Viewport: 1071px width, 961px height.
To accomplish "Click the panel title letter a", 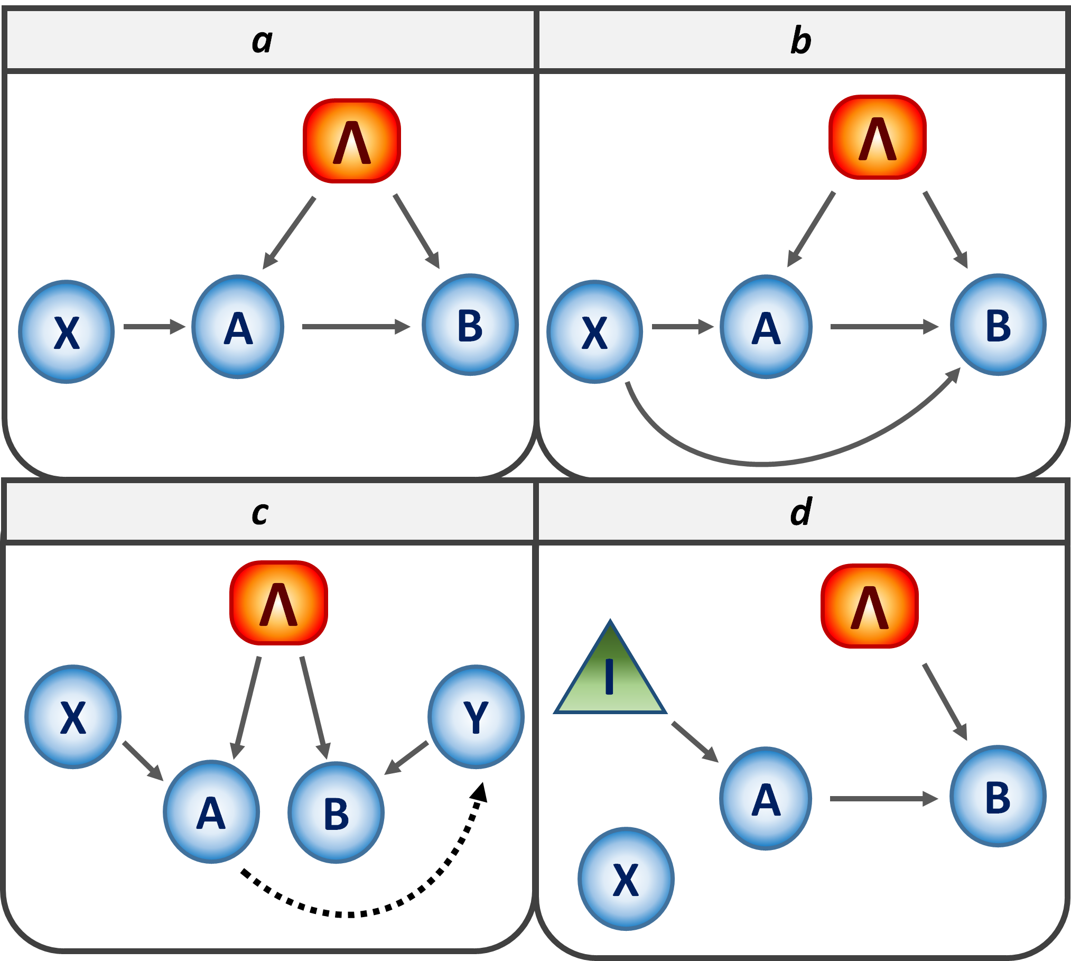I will coord(262,41).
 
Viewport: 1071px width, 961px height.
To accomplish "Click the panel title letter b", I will coord(800,41).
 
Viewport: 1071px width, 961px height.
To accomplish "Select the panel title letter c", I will coord(260,513).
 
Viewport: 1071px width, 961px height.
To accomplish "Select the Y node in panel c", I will coord(476,717).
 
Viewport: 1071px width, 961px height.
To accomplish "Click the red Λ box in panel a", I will coord(352,141).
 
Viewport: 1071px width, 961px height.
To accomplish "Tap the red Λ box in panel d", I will coord(870,606).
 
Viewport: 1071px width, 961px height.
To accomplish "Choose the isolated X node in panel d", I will coord(626,879).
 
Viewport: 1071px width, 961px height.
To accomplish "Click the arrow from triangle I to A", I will coord(695,742).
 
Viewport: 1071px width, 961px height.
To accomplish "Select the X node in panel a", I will coord(67,332).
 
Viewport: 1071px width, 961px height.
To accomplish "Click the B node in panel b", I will coord(998,325).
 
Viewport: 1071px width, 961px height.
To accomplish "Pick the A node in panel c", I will coord(211,812).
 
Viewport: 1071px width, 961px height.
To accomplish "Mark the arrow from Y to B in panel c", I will coord(406,759).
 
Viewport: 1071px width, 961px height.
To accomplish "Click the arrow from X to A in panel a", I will coord(154,327).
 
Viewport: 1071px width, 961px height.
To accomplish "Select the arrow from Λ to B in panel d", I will coord(945,702).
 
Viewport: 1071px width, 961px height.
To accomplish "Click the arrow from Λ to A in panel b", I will coord(811,229).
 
